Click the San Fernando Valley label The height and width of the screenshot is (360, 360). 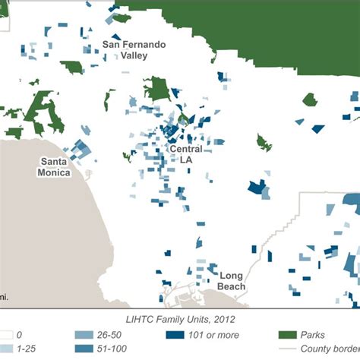click(x=133, y=55)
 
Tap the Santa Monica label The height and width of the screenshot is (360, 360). click(x=55, y=166)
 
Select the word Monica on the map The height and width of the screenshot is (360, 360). click(x=55, y=172)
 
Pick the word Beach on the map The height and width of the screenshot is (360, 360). click(x=232, y=286)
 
